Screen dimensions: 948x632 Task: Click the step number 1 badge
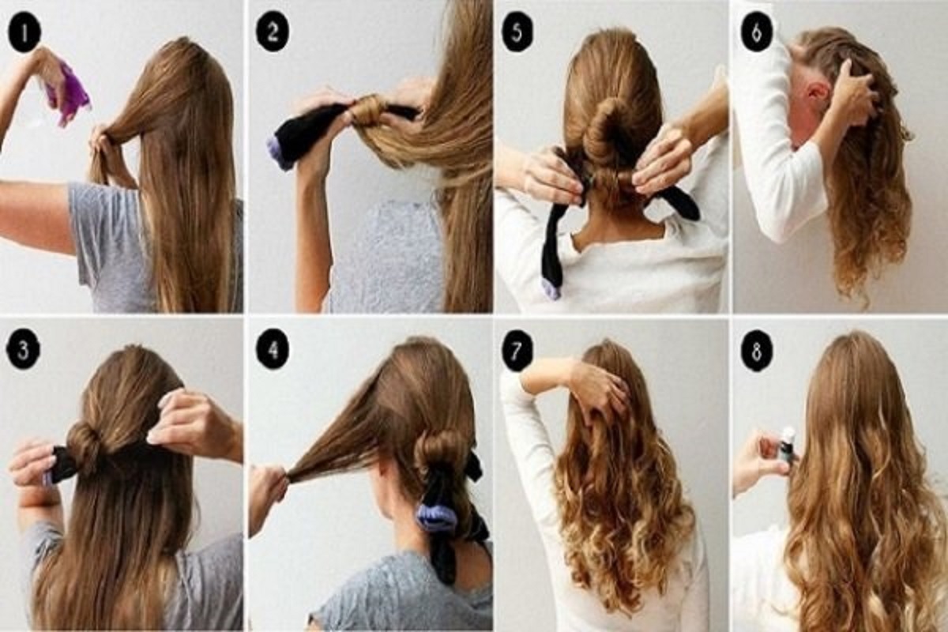pyautogui.click(x=24, y=32)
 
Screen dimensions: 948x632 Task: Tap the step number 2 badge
pyautogui.click(x=273, y=32)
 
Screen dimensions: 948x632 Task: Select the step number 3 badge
pyautogui.click(x=23, y=351)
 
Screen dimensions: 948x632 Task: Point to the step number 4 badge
pyautogui.click(x=273, y=351)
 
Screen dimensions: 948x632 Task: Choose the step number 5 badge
pyautogui.click(x=517, y=32)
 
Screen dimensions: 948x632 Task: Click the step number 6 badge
pyautogui.click(x=757, y=32)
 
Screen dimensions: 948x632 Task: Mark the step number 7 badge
pyautogui.click(x=517, y=351)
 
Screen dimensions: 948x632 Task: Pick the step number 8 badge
pyautogui.click(x=757, y=351)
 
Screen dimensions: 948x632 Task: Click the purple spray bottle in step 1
pyautogui.click(x=67, y=94)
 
